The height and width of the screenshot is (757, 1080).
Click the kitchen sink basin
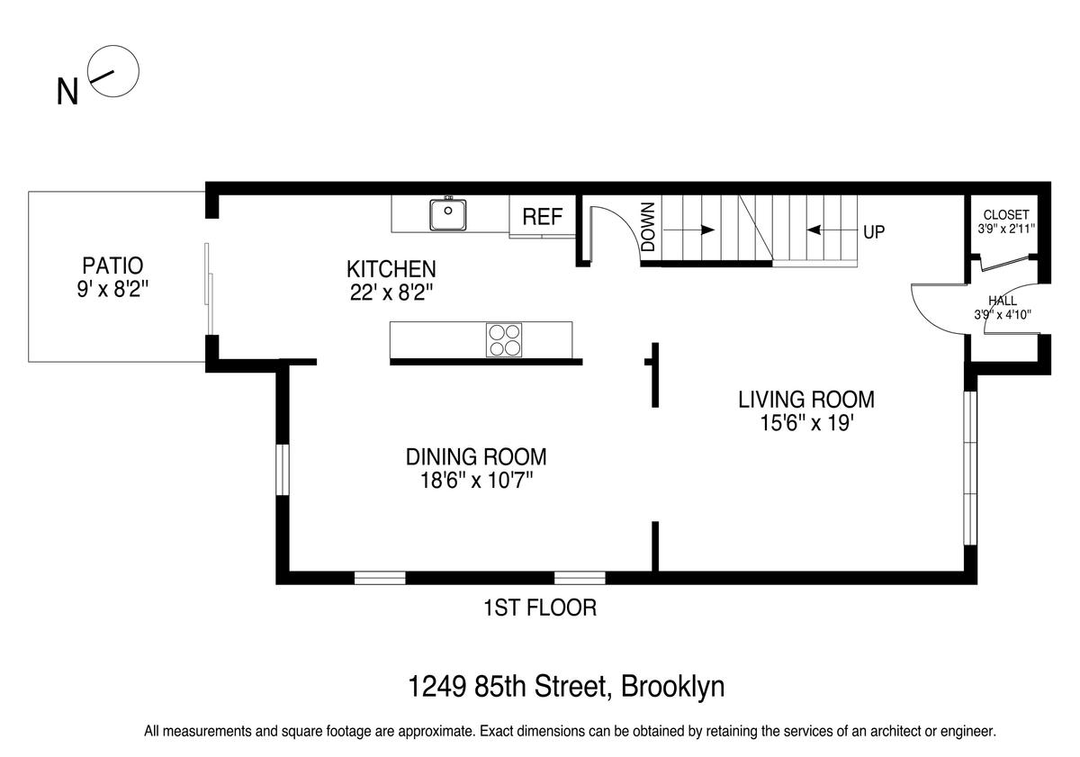pos(448,214)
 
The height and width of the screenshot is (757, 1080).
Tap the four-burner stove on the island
pos(504,340)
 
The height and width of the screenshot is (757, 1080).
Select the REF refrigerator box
pos(543,217)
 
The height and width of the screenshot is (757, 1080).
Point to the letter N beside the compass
pos(67,92)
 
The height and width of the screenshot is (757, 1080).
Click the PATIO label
pos(112,266)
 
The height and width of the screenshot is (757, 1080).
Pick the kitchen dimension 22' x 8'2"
pos(391,293)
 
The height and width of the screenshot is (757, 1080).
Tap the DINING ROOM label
pos(476,457)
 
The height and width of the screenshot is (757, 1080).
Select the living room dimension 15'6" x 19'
pos(806,423)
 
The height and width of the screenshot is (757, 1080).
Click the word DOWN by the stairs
pos(649,227)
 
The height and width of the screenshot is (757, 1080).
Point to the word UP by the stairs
pos(874,232)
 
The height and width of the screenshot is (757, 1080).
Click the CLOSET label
pos(1006,215)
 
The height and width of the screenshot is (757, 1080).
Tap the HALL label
pos(1003,301)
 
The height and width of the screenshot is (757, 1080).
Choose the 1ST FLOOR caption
pos(540,608)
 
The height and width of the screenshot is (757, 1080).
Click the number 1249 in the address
pos(437,687)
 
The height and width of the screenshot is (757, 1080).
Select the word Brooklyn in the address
pos(672,688)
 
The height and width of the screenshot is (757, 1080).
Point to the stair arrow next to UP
pos(832,230)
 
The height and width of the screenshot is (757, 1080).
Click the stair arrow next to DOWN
pos(689,230)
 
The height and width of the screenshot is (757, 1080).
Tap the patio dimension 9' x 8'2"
pos(112,289)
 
